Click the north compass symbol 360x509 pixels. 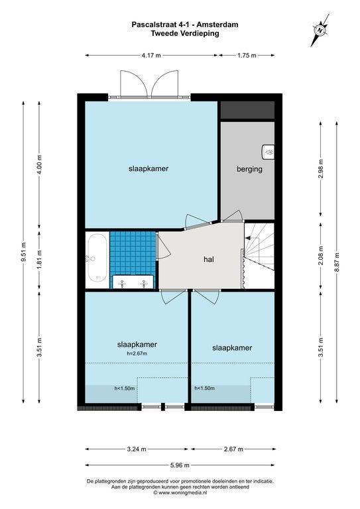point(320,30)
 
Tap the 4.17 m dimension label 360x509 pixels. point(151,55)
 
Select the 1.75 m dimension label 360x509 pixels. point(247,55)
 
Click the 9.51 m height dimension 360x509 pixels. point(23,252)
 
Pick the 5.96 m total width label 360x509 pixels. point(180,465)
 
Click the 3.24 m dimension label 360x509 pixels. point(137,449)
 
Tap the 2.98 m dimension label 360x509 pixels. point(321,169)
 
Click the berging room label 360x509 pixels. point(249,169)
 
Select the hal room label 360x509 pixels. point(209,259)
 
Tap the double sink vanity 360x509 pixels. point(133,282)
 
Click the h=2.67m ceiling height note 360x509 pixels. point(137,353)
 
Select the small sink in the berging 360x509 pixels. point(268,152)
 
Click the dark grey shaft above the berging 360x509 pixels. point(247,110)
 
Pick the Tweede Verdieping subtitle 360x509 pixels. point(185,33)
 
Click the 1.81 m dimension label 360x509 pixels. point(39,259)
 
